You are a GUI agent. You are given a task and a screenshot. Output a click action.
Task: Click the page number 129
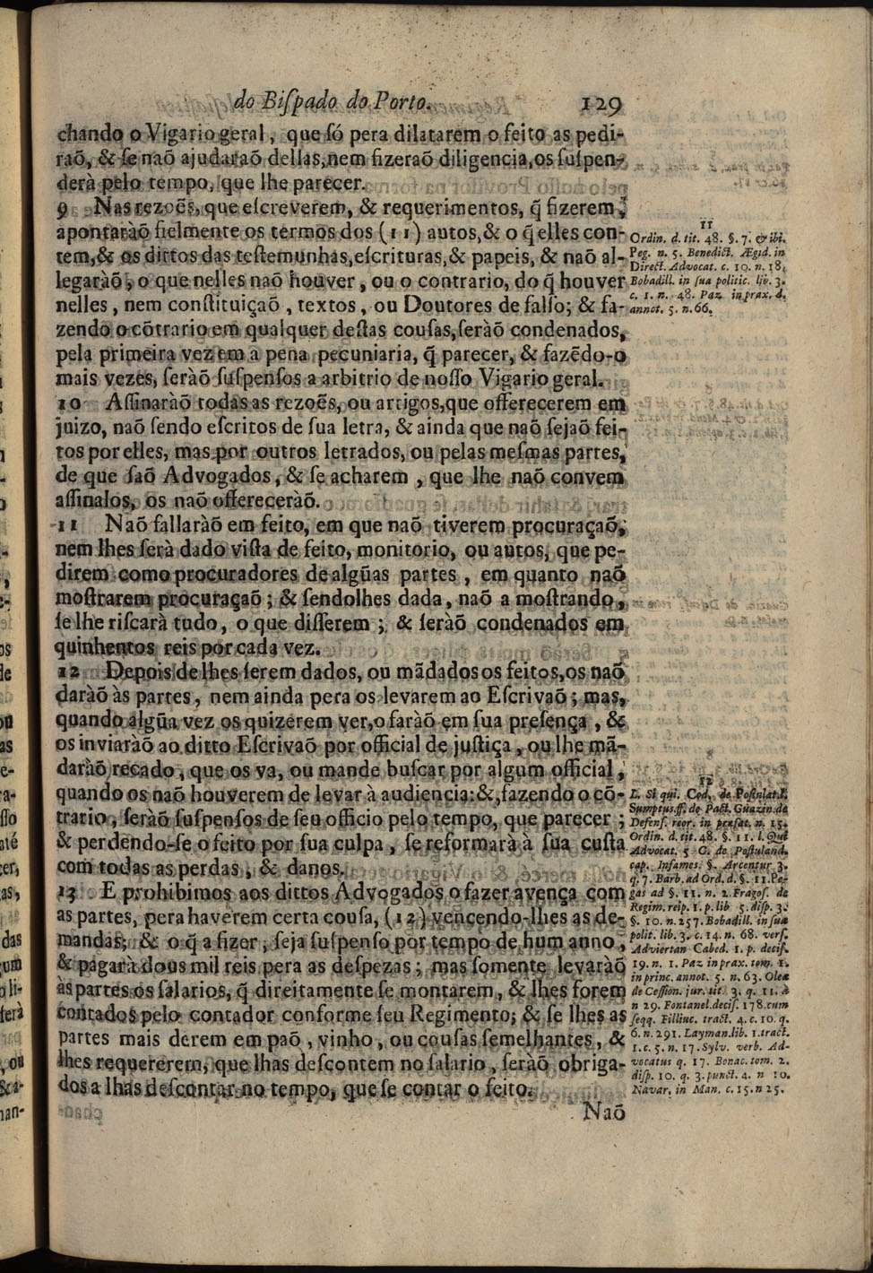coord(601,102)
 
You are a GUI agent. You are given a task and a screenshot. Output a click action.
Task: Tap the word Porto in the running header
coord(406,100)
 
